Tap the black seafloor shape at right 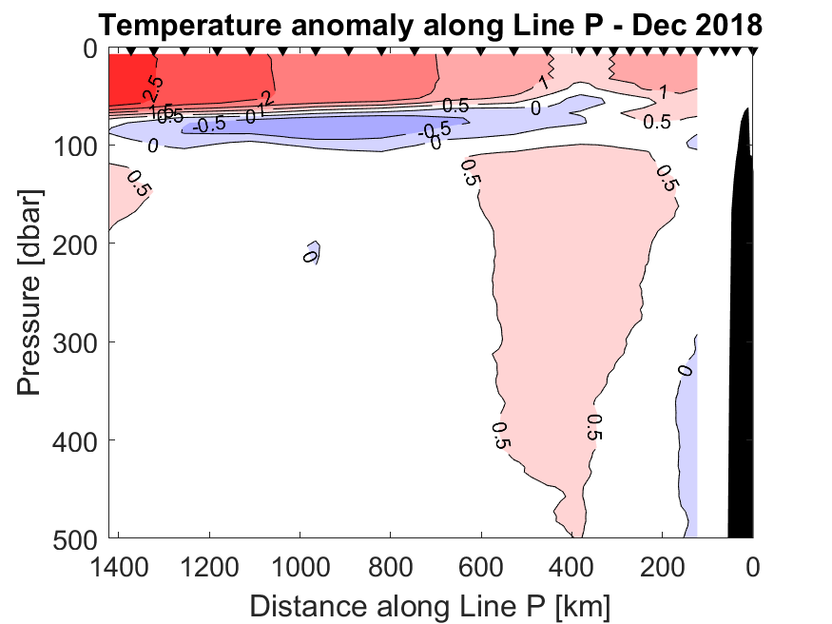coord(741,333)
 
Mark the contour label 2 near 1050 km coord(267,99)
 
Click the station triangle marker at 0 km coord(752,51)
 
